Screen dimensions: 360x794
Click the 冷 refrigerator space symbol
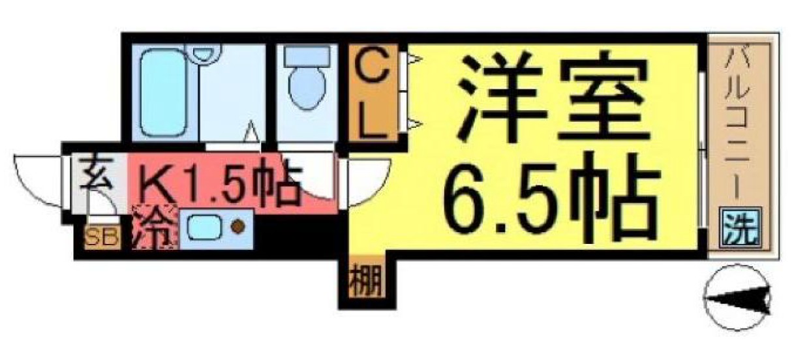coord(155,228)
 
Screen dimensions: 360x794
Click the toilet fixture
coord(305,85)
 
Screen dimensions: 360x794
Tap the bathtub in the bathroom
coord(160,95)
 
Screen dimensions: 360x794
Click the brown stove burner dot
coord(238,227)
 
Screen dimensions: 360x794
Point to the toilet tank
coord(305,55)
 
